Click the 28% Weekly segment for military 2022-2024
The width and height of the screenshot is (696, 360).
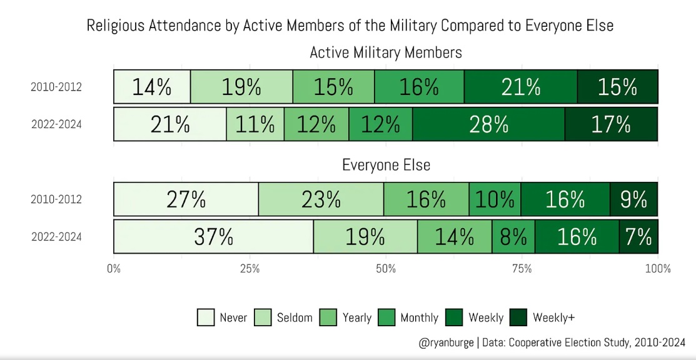(488, 124)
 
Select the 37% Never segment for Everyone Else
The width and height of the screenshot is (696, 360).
(213, 237)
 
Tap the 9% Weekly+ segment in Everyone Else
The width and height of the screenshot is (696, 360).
(633, 199)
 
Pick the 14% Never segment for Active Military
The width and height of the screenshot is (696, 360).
(152, 87)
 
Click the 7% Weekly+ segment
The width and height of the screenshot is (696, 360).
(638, 237)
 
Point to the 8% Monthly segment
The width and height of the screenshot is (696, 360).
(513, 237)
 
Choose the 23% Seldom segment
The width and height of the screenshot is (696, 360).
(321, 199)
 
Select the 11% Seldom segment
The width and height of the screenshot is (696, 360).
(255, 124)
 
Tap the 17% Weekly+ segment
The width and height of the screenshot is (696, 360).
(611, 124)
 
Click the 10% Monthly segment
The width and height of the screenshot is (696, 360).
(495, 199)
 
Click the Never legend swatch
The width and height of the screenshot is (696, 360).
(206, 317)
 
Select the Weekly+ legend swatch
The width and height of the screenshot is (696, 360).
(519, 317)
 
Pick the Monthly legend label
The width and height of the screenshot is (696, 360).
(419, 317)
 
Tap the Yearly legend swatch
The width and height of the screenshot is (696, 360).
(328, 317)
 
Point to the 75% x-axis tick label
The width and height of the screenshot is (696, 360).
(522, 269)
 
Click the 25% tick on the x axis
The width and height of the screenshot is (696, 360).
(250, 269)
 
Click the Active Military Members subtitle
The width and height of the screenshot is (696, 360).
(386, 52)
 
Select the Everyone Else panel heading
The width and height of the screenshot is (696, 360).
(386, 165)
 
